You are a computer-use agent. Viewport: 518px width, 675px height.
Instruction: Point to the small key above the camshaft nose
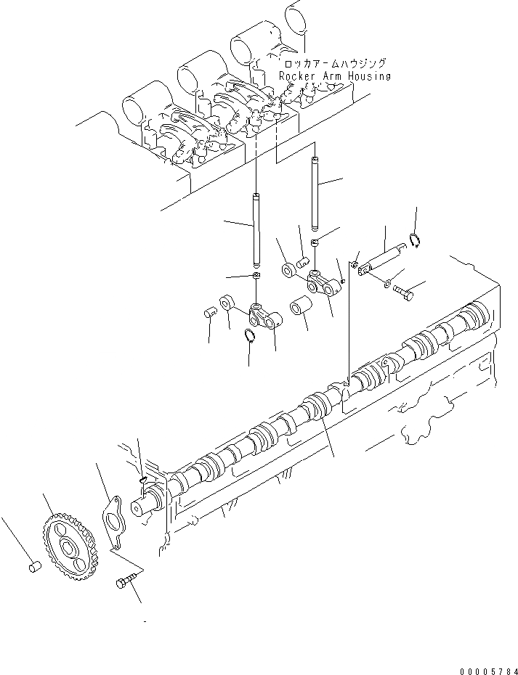pyautogui.click(x=143, y=478)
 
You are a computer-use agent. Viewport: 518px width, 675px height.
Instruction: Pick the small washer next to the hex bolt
pyautogui.click(x=387, y=281)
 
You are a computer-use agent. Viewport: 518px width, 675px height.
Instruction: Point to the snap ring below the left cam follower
pyautogui.click(x=248, y=335)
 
